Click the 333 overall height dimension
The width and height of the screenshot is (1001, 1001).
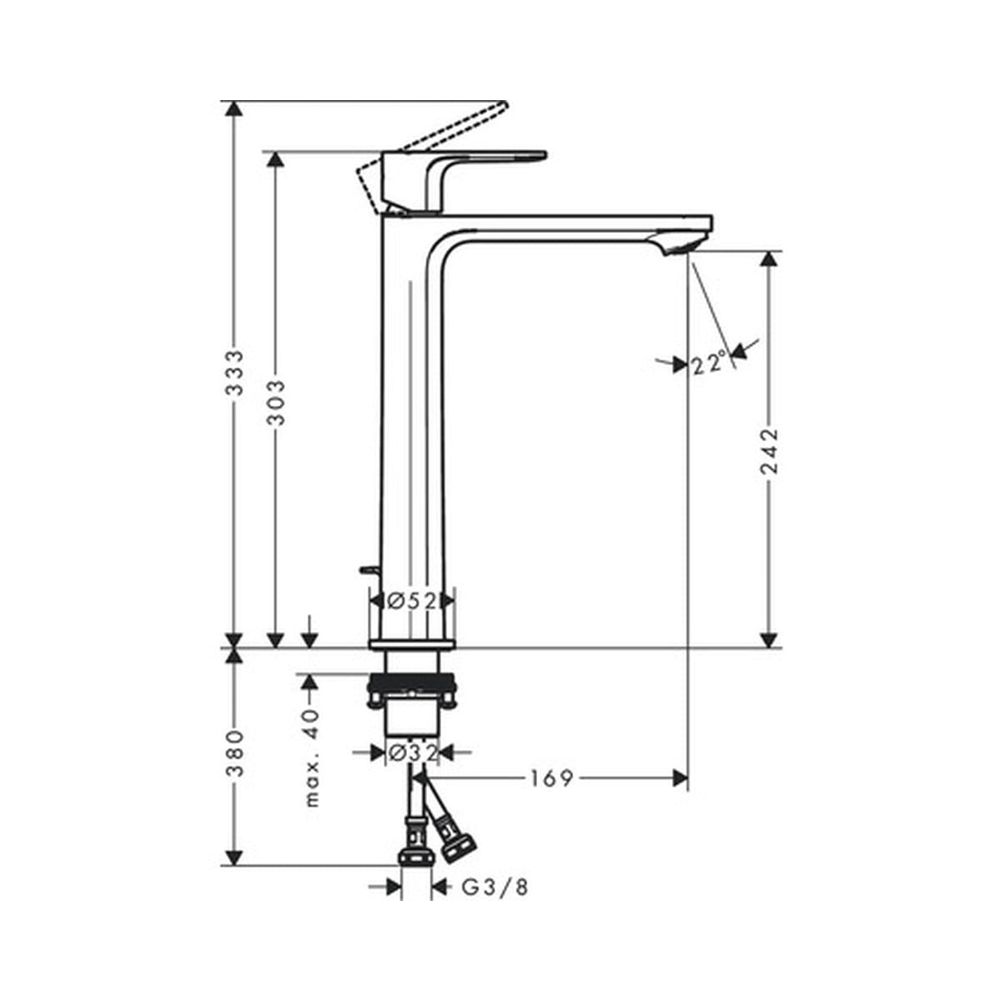236,373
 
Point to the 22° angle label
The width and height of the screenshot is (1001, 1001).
708,365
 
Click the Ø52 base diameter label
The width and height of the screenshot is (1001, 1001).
412,600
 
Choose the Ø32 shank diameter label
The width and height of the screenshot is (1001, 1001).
412,753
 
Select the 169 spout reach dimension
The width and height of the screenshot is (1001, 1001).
551,778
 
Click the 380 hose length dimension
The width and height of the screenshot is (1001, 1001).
236,753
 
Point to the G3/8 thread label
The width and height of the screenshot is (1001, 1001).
495,888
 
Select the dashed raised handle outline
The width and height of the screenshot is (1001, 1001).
434,133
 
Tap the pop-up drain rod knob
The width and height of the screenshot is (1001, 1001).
366,571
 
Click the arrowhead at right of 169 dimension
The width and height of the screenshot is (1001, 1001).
680,778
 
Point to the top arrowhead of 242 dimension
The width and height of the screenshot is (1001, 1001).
769,259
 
